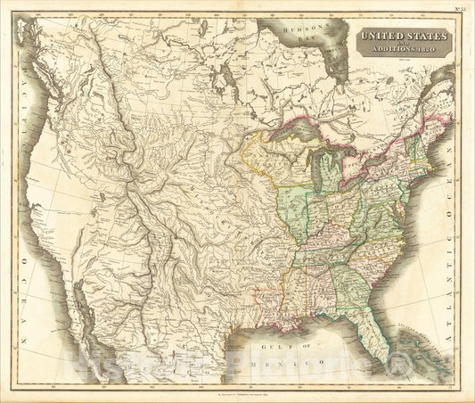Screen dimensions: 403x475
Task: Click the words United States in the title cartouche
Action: pos(403,37)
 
